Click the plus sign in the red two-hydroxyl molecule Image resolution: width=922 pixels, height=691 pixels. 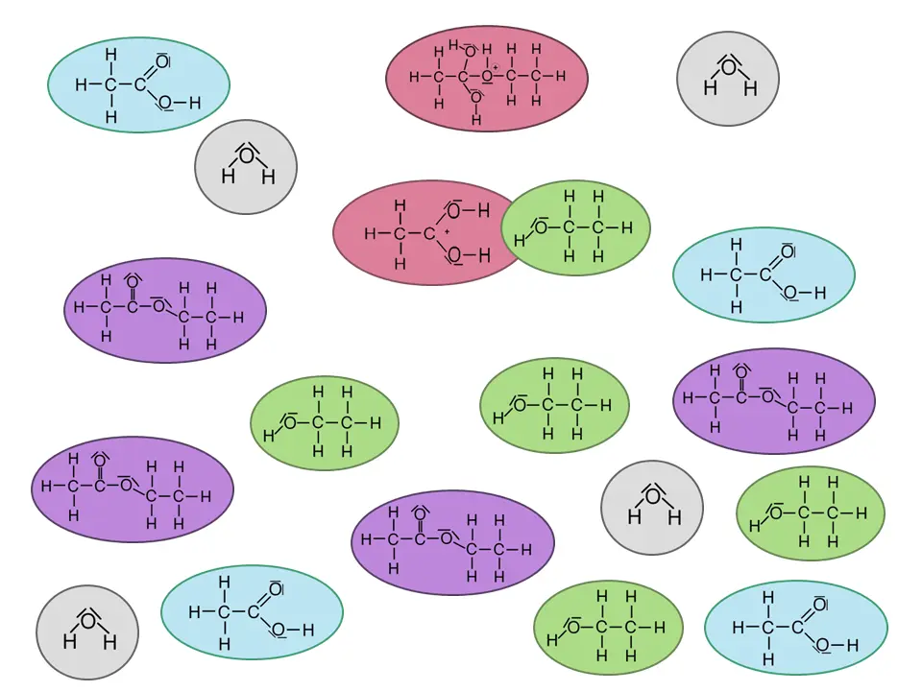pyautogui.click(x=447, y=232)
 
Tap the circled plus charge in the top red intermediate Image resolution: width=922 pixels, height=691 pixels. pyautogui.click(x=496, y=68)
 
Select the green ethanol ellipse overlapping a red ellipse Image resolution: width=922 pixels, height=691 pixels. pyautogui.click(x=575, y=228)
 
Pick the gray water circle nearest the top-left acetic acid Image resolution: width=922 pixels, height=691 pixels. pyautogui.click(x=246, y=167)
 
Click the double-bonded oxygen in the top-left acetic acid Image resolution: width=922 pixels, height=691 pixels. pyautogui.click(x=161, y=61)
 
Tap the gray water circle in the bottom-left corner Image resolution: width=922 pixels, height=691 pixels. pyautogui.click(x=87, y=632)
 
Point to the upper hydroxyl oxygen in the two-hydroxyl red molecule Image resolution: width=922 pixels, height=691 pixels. pyautogui.click(x=454, y=210)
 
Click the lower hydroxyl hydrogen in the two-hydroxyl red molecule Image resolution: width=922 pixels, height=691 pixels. pyautogui.click(x=484, y=255)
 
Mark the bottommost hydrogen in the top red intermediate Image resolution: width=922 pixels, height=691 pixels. pyautogui.click(x=476, y=120)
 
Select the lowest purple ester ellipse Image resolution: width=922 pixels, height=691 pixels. pyautogui.click(x=452, y=542)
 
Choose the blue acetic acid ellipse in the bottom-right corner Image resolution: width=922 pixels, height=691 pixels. pyautogui.click(x=796, y=628)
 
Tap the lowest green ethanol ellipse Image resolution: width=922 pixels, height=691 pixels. pyautogui.click(x=609, y=628)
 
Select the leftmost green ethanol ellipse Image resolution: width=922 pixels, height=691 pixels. pyautogui.click(x=325, y=423)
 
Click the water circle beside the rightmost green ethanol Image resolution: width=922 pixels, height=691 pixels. pyautogui.click(x=652, y=508)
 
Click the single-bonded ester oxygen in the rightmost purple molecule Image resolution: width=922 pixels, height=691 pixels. pyautogui.click(x=767, y=396)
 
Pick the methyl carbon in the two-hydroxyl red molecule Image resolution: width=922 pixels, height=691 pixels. pyautogui.click(x=400, y=234)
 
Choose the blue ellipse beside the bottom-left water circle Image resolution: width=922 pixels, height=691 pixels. pyautogui.click(x=252, y=612)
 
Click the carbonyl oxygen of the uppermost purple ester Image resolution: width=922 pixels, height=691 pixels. pyautogui.click(x=133, y=283)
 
